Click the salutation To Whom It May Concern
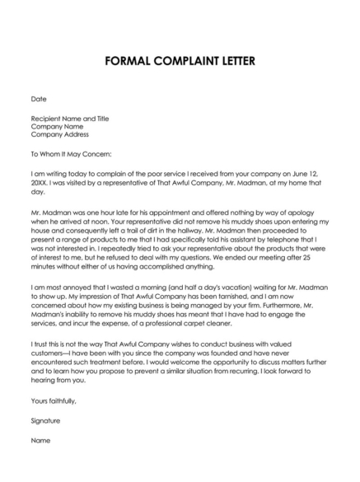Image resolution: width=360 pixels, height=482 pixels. (76, 153)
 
